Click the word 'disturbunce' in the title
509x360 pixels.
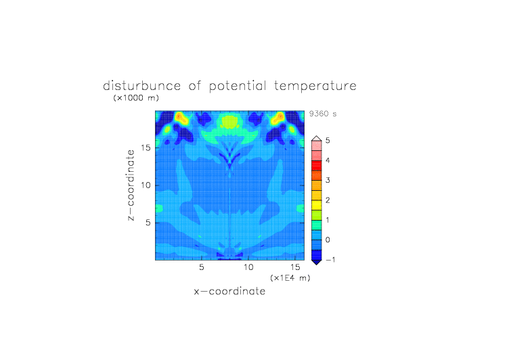point(142,86)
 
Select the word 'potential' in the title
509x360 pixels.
point(238,87)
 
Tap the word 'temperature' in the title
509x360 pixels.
point(315,87)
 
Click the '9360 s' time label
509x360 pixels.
point(323,114)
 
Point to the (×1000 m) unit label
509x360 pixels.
point(136,97)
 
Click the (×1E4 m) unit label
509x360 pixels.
point(290,278)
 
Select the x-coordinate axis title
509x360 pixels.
point(230,291)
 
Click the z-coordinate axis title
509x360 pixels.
point(131,185)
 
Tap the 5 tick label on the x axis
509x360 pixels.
point(202,267)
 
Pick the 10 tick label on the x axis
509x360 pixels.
point(248,267)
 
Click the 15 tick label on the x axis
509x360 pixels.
point(294,267)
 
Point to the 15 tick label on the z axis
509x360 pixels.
point(146,148)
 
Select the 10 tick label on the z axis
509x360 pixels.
point(146,185)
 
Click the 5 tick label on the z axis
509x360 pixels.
point(148,223)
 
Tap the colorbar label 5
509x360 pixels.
point(328,141)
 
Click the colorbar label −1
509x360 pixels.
point(330,260)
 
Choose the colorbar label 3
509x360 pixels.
point(328,180)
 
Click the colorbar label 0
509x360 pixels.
point(328,240)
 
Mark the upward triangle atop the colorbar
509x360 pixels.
point(317,138)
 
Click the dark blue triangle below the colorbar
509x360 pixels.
point(317,263)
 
